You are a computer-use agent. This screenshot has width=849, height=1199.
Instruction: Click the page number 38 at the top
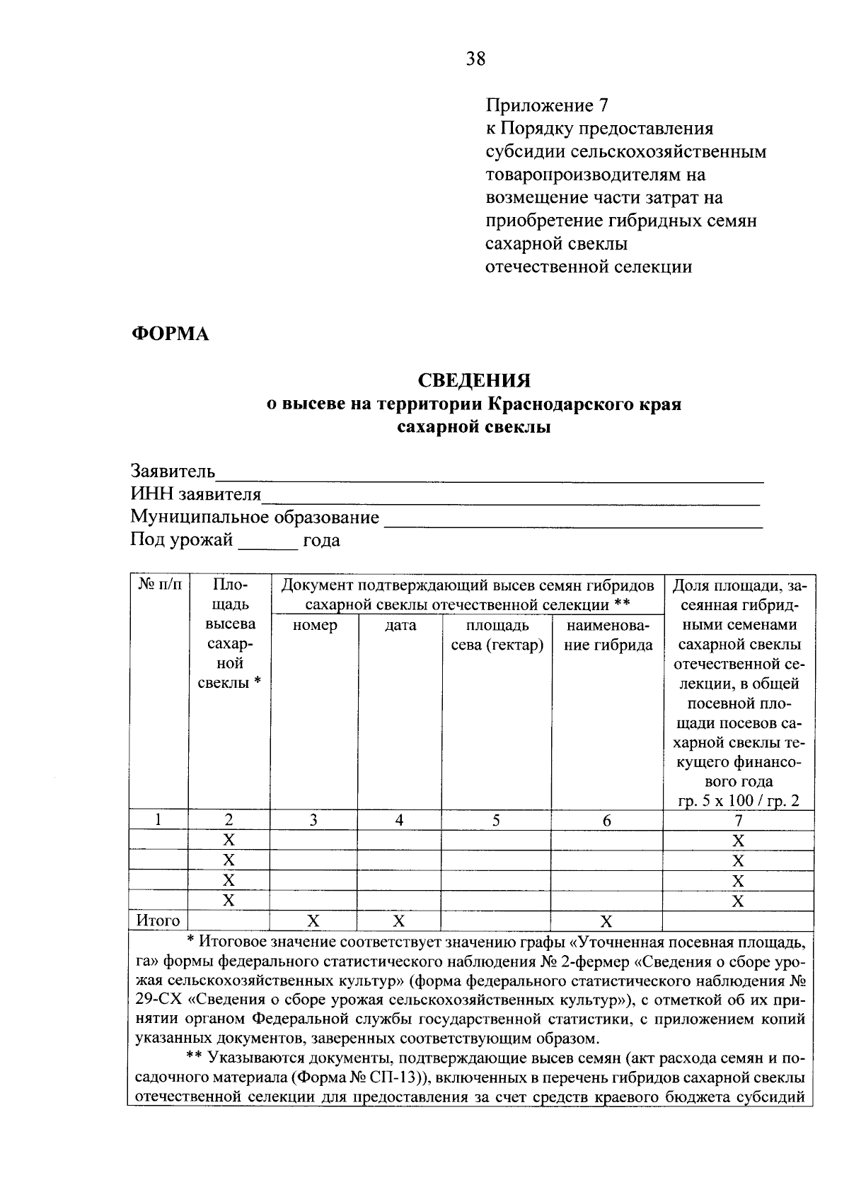[x=475, y=59]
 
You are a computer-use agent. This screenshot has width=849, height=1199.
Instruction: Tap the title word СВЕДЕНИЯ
[x=474, y=382]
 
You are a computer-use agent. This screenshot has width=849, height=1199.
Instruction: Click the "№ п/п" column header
[x=159, y=585]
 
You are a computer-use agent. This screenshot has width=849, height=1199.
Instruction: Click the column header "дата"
[x=400, y=626]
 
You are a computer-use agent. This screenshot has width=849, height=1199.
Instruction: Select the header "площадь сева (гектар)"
[x=497, y=636]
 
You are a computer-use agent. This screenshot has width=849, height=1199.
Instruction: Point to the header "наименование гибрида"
[x=607, y=636]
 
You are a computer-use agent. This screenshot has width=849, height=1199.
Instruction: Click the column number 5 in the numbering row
[x=496, y=820]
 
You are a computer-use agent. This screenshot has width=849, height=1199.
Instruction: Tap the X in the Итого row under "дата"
[x=399, y=921]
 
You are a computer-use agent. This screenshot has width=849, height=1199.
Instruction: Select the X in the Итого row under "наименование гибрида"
[x=606, y=921]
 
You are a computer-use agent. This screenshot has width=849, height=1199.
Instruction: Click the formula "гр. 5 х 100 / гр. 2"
[x=738, y=801]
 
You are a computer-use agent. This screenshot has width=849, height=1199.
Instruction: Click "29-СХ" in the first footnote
[x=157, y=1001]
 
